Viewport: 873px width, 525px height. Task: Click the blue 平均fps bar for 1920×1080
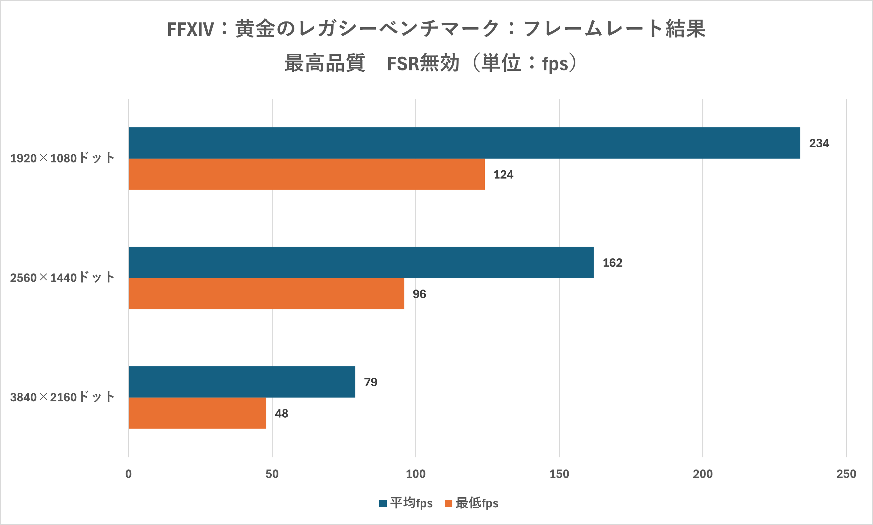464,143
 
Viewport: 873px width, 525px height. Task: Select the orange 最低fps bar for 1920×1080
307,174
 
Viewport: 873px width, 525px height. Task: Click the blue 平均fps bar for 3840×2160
242,382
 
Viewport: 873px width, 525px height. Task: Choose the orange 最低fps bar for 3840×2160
197,413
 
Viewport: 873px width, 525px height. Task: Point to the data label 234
819,143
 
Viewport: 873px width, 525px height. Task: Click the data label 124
503,174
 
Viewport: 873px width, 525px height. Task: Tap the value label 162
612,263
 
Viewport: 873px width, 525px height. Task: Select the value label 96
419,294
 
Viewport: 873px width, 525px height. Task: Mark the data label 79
370,382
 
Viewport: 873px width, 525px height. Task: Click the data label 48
281,413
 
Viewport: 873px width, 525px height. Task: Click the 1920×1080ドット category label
62,158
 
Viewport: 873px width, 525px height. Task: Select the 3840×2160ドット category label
62,397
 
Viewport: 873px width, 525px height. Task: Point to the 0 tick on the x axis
128,474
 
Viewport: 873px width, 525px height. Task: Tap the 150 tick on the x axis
559,474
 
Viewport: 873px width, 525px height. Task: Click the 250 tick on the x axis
846,474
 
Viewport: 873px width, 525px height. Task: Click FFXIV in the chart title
190,29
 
